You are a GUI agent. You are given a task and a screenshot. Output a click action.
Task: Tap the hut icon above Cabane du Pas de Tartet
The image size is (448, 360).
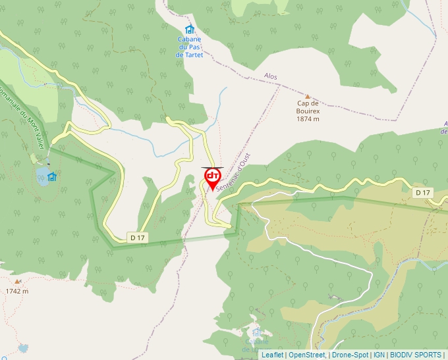[190, 29]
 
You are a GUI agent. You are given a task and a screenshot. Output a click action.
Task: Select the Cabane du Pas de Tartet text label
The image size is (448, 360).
[190, 47]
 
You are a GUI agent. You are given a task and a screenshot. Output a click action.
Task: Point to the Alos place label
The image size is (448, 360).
[271, 76]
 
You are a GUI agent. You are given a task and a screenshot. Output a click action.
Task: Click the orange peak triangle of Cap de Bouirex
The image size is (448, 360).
[307, 96]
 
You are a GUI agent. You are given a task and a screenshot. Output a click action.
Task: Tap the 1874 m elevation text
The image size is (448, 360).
[308, 119]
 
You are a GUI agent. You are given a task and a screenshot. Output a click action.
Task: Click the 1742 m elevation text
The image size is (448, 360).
[17, 291]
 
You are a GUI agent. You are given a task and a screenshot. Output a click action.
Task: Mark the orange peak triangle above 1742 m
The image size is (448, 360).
[17, 281]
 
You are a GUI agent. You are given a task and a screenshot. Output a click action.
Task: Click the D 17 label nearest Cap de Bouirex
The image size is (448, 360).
[422, 192]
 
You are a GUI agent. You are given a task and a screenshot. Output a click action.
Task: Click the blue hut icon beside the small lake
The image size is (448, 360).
[52, 176]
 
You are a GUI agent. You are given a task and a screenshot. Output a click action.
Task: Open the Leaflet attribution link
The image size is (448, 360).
[272, 355]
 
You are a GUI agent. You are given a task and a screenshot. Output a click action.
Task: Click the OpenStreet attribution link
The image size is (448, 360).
[306, 355]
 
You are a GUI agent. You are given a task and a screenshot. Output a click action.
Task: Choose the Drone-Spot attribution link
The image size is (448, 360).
[349, 355]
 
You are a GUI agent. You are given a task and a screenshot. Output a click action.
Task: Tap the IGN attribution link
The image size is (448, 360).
[379, 355]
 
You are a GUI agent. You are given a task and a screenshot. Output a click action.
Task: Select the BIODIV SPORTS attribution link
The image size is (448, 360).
[415, 355]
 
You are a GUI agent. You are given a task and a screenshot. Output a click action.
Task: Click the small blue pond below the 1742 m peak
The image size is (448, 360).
[24, 347]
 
